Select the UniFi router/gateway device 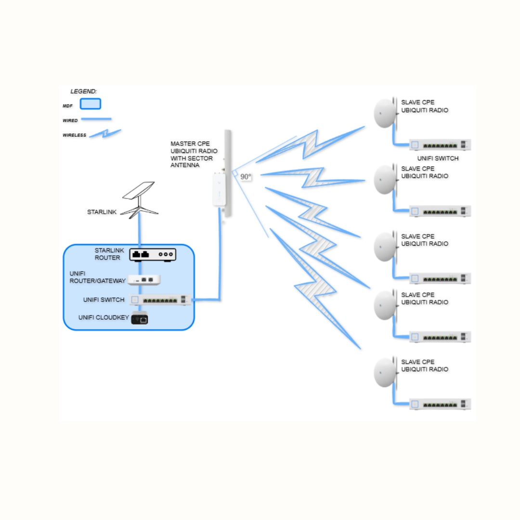[x=144, y=279]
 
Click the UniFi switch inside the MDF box [x=160, y=300]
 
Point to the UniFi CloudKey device [x=140, y=318]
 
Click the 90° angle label [x=246, y=177]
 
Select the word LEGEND [x=84, y=91]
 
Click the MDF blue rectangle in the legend [x=90, y=104]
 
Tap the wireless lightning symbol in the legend [x=105, y=133]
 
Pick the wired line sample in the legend [x=96, y=119]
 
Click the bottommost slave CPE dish [x=386, y=372]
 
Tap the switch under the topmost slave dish [x=440, y=144]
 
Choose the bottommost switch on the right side [x=440, y=404]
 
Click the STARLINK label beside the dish [x=102, y=212]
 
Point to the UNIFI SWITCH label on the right [x=438, y=158]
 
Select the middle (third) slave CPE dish [x=386, y=247]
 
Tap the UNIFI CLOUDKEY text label [x=102, y=318]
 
